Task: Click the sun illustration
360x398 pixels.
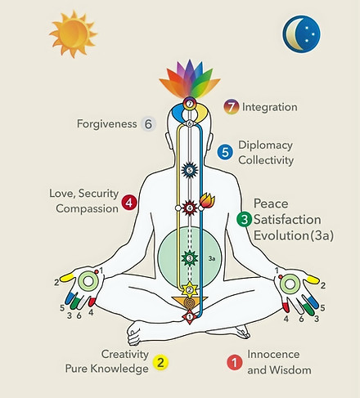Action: tap(74, 34)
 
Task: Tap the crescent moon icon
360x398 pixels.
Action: tap(301, 34)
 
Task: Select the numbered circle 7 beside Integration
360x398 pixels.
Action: tap(232, 107)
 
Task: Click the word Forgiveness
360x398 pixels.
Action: tap(106, 124)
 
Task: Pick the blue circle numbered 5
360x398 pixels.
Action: tap(225, 152)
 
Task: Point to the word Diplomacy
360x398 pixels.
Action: tap(265, 145)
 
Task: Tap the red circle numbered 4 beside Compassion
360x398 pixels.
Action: tap(129, 203)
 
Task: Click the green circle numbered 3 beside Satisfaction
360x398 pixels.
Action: tap(245, 219)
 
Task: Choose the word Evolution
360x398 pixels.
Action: tap(281, 235)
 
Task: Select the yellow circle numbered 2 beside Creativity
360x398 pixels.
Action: tap(160, 363)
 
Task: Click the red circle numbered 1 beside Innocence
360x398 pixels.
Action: tap(235, 363)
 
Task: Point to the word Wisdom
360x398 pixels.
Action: tap(290, 370)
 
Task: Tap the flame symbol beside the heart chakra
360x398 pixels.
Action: tap(207, 200)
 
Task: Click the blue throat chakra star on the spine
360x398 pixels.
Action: tap(190, 170)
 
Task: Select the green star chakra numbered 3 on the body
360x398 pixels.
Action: tap(190, 258)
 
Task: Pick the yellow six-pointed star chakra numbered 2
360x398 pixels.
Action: tap(190, 289)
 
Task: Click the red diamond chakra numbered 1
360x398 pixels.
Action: tap(190, 317)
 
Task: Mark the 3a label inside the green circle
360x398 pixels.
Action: tap(212, 258)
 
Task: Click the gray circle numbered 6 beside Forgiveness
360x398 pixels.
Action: tap(148, 124)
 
